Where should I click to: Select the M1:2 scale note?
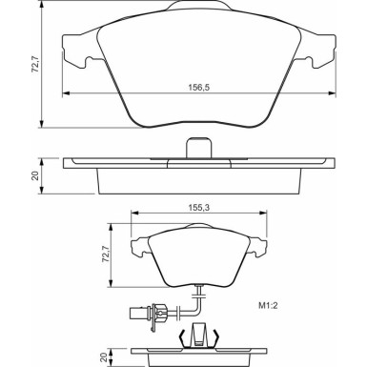coord(268,306)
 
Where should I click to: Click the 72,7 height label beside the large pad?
coord(35,65)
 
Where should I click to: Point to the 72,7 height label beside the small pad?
coord(106,255)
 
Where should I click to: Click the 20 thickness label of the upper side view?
coord(35,175)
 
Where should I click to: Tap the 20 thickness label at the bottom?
coord(103,357)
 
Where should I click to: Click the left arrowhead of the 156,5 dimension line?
coord(66,93)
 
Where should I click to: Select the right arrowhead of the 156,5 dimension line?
coord(332,93)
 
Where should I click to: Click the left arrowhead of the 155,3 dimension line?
coord(135,213)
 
